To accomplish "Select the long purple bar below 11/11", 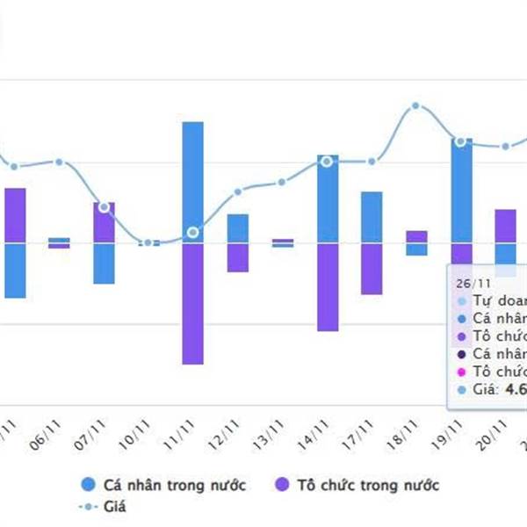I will [x=193, y=303].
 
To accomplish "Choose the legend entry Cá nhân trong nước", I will [x=163, y=485].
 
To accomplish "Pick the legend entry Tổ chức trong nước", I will [x=357, y=485].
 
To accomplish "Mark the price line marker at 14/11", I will [x=327, y=162].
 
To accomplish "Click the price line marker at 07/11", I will [x=105, y=207].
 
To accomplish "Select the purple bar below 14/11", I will [x=327, y=286].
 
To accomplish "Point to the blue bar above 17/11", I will [x=372, y=216].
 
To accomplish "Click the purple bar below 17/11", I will [x=372, y=268].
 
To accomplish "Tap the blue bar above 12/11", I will [x=237, y=228].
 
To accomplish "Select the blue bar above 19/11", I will [x=461, y=189].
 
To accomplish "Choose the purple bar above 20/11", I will [x=505, y=225].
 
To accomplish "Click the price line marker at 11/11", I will [x=193, y=233].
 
